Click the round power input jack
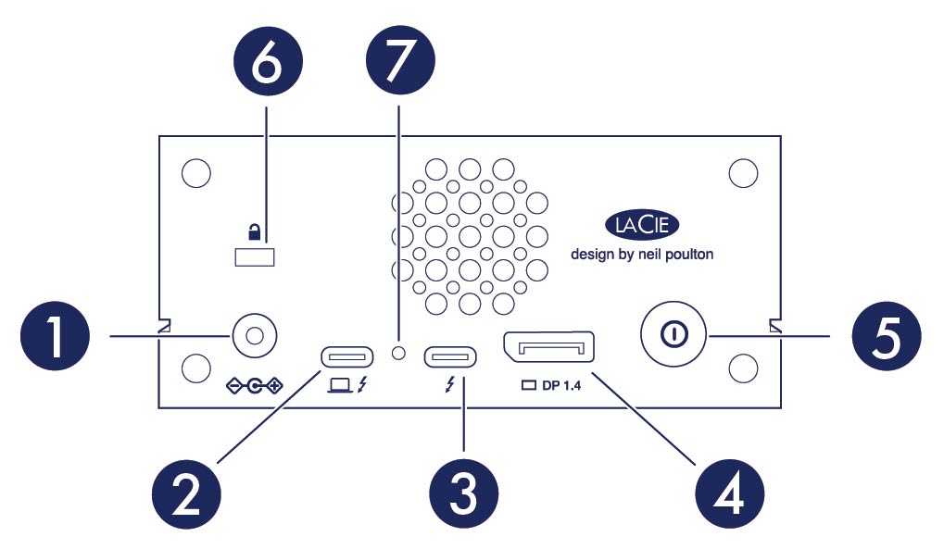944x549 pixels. click(256, 333)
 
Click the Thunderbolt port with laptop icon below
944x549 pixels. click(347, 356)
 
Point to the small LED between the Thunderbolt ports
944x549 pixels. click(399, 353)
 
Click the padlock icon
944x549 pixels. click(256, 230)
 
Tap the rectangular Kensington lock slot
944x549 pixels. click(256, 257)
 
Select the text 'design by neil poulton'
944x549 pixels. click(642, 254)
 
